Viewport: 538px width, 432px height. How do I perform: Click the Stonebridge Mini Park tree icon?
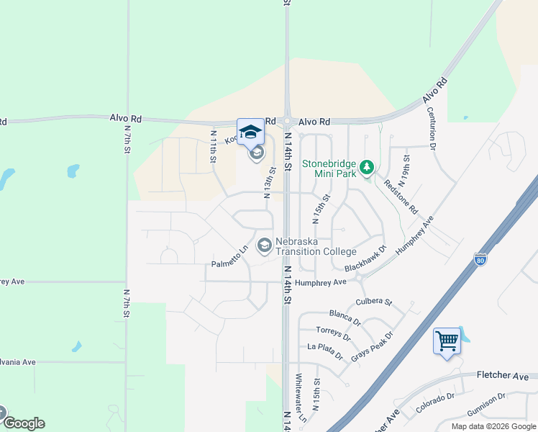coord(368,168)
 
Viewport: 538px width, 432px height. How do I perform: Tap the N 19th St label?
coord(407,167)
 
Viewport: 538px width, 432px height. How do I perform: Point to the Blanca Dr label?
coord(345,318)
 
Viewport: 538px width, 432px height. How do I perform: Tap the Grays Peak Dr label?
coord(373,346)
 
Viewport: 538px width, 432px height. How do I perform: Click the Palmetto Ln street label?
coord(229,257)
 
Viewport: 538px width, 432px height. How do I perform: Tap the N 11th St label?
coord(214,146)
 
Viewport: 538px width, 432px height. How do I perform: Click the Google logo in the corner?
coord(24,423)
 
